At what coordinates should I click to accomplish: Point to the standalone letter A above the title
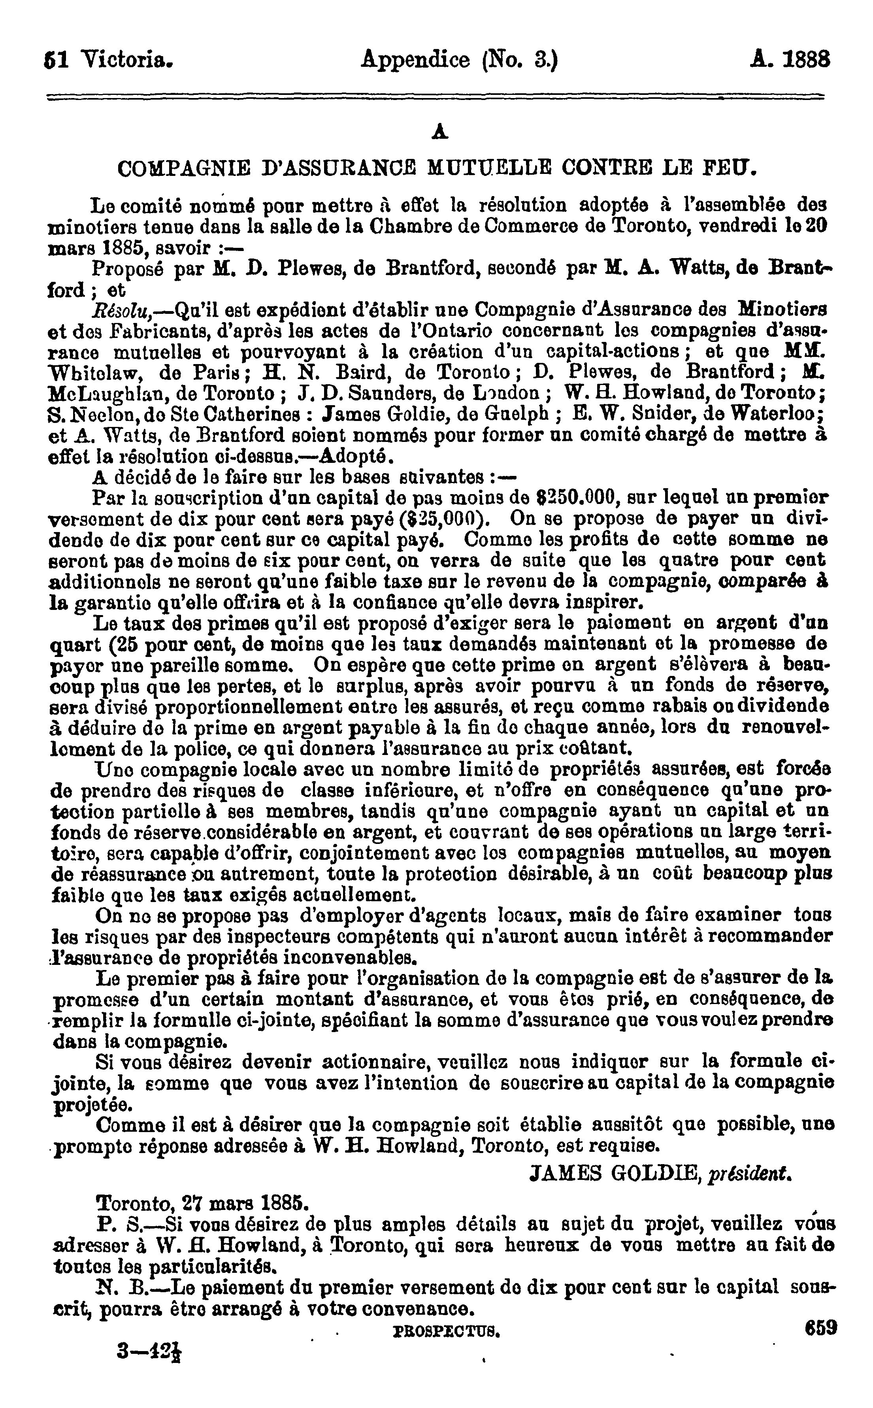(x=440, y=133)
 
